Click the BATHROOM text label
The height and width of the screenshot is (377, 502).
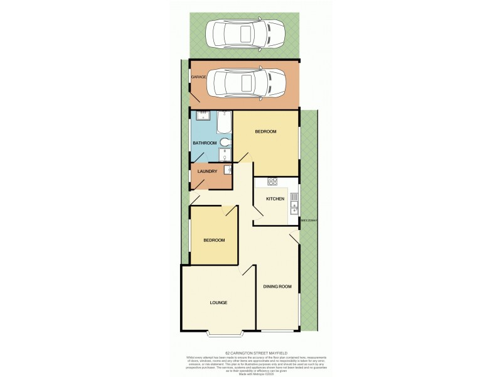point(205,143)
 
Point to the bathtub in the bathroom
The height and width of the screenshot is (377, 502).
point(224,123)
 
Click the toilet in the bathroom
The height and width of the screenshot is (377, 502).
point(224,143)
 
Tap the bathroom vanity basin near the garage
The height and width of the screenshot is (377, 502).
point(203,116)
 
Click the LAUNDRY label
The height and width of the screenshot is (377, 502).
point(207,172)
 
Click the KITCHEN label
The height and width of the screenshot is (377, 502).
point(275,199)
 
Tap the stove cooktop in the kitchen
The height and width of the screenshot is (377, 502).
point(273,182)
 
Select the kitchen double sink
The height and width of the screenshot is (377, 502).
point(294,204)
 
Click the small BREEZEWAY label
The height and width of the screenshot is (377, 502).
point(310,221)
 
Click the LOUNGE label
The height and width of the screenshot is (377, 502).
point(218,303)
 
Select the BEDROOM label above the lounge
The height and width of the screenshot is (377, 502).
point(213,240)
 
